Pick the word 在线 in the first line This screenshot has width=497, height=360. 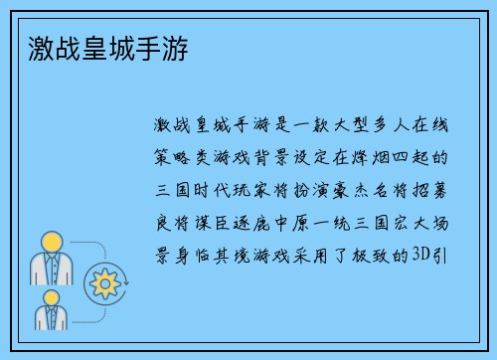click(427, 126)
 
